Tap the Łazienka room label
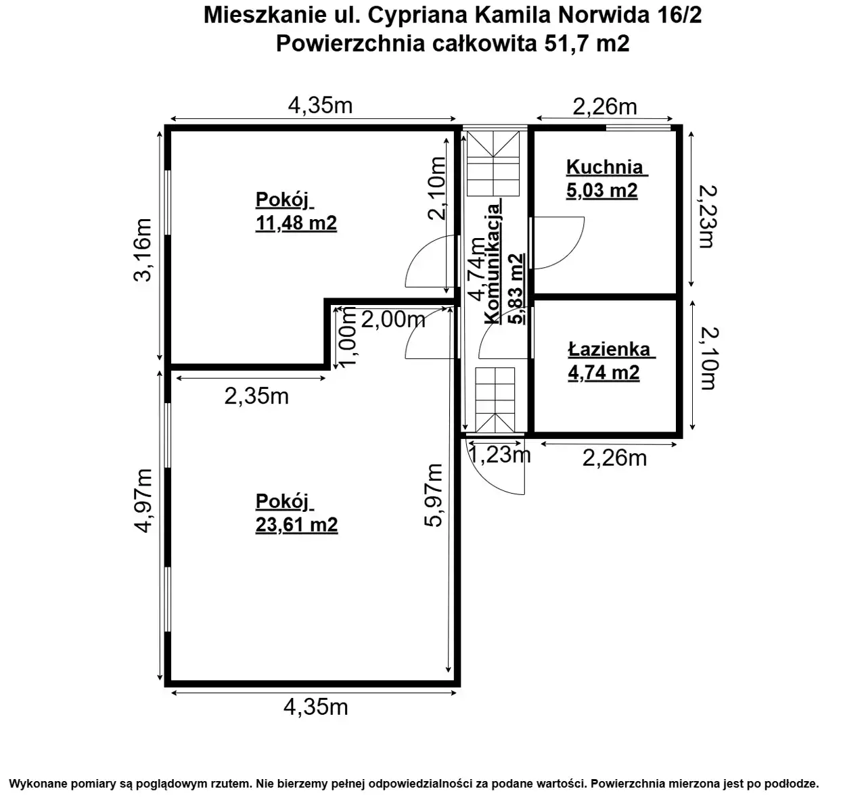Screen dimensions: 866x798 [609, 349]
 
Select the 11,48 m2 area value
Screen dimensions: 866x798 [296, 222]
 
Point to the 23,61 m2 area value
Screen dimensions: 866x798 [296, 525]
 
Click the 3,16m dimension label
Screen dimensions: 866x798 [143, 250]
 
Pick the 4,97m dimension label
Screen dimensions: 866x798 [143, 500]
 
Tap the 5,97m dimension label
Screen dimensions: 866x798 [434, 495]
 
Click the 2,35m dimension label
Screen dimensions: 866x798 [256, 396]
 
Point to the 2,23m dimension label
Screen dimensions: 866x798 [707, 216]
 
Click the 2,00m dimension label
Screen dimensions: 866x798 [393, 319]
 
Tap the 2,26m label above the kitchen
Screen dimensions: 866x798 [604, 106]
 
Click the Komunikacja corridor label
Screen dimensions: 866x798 [493, 264]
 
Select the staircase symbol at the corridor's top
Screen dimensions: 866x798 [493, 164]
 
